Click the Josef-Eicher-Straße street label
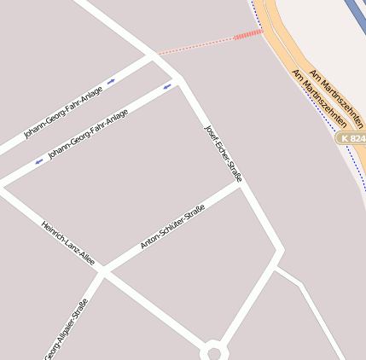[x=224, y=153]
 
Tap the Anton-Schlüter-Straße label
[x=172, y=227]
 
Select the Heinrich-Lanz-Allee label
[x=68, y=244]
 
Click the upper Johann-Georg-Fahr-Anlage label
[x=63, y=112]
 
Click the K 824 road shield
[x=351, y=137]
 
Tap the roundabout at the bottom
[x=213, y=351]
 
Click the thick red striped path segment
[x=248, y=34]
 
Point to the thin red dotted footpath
[x=196, y=44]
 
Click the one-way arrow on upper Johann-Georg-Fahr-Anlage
[x=112, y=82]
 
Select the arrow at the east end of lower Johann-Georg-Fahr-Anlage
[x=167, y=87]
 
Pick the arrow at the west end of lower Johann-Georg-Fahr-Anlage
[x=38, y=161]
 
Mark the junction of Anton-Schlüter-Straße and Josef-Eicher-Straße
[x=242, y=186]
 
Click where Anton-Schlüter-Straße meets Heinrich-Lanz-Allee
[x=102, y=271]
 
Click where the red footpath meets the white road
[x=154, y=54]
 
